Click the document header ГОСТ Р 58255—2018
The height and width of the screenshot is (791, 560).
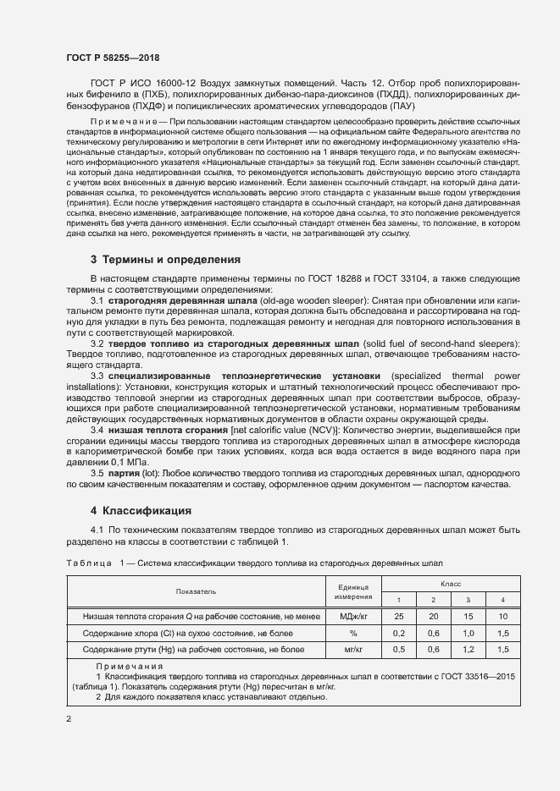[x=113, y=58]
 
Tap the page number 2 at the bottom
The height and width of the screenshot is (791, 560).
[x=69, y=720]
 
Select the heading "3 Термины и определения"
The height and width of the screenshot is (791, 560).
[x=165, y=259]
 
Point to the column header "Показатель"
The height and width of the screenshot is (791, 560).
[x=196, y=591]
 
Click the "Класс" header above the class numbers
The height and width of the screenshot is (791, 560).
[x=450, y=584]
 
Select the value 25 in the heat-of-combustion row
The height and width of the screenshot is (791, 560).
[x=399, y=617]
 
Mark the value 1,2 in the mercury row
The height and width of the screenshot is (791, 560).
[x=468, y=650]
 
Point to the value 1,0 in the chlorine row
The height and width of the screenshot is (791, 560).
[x=468, y=633]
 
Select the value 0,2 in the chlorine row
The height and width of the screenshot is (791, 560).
[x=399, y=633]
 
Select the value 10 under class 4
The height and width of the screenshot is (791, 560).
[x=503, y=617]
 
